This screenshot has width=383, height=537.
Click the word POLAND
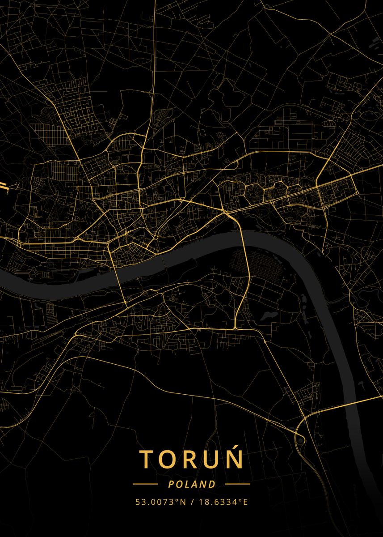pos(192,484)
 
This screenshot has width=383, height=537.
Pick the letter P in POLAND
pos(171,484)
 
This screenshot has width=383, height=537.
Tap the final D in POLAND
pos(212,484)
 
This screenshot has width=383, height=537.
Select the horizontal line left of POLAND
pos(145,484)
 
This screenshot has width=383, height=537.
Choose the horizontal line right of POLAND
pos(237,484)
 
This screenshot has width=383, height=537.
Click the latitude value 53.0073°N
pos(160,502)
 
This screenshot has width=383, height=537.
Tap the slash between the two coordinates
pos(192,502)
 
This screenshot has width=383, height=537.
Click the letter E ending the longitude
pos(245,502)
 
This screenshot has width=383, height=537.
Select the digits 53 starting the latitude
pos(140,502)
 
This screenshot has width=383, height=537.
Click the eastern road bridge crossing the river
pos(246,260)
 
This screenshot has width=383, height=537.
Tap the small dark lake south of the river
pos(268,316)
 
